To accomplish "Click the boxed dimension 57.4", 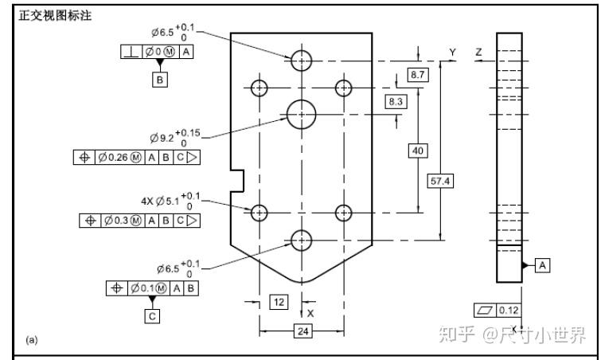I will click(440, 182).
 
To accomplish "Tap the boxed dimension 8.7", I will click(417, 74).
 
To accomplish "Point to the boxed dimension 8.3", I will click(396, 101).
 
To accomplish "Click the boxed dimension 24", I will click(302, 332).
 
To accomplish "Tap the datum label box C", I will click(151, 315).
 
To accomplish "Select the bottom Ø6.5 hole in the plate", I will click(302, 239).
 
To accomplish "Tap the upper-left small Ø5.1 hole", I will click(260, 88).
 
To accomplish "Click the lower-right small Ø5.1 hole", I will click(344, 213).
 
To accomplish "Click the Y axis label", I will click(452, 53).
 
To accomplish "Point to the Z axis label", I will click(478, 53).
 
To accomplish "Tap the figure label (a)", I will click(32, 339).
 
